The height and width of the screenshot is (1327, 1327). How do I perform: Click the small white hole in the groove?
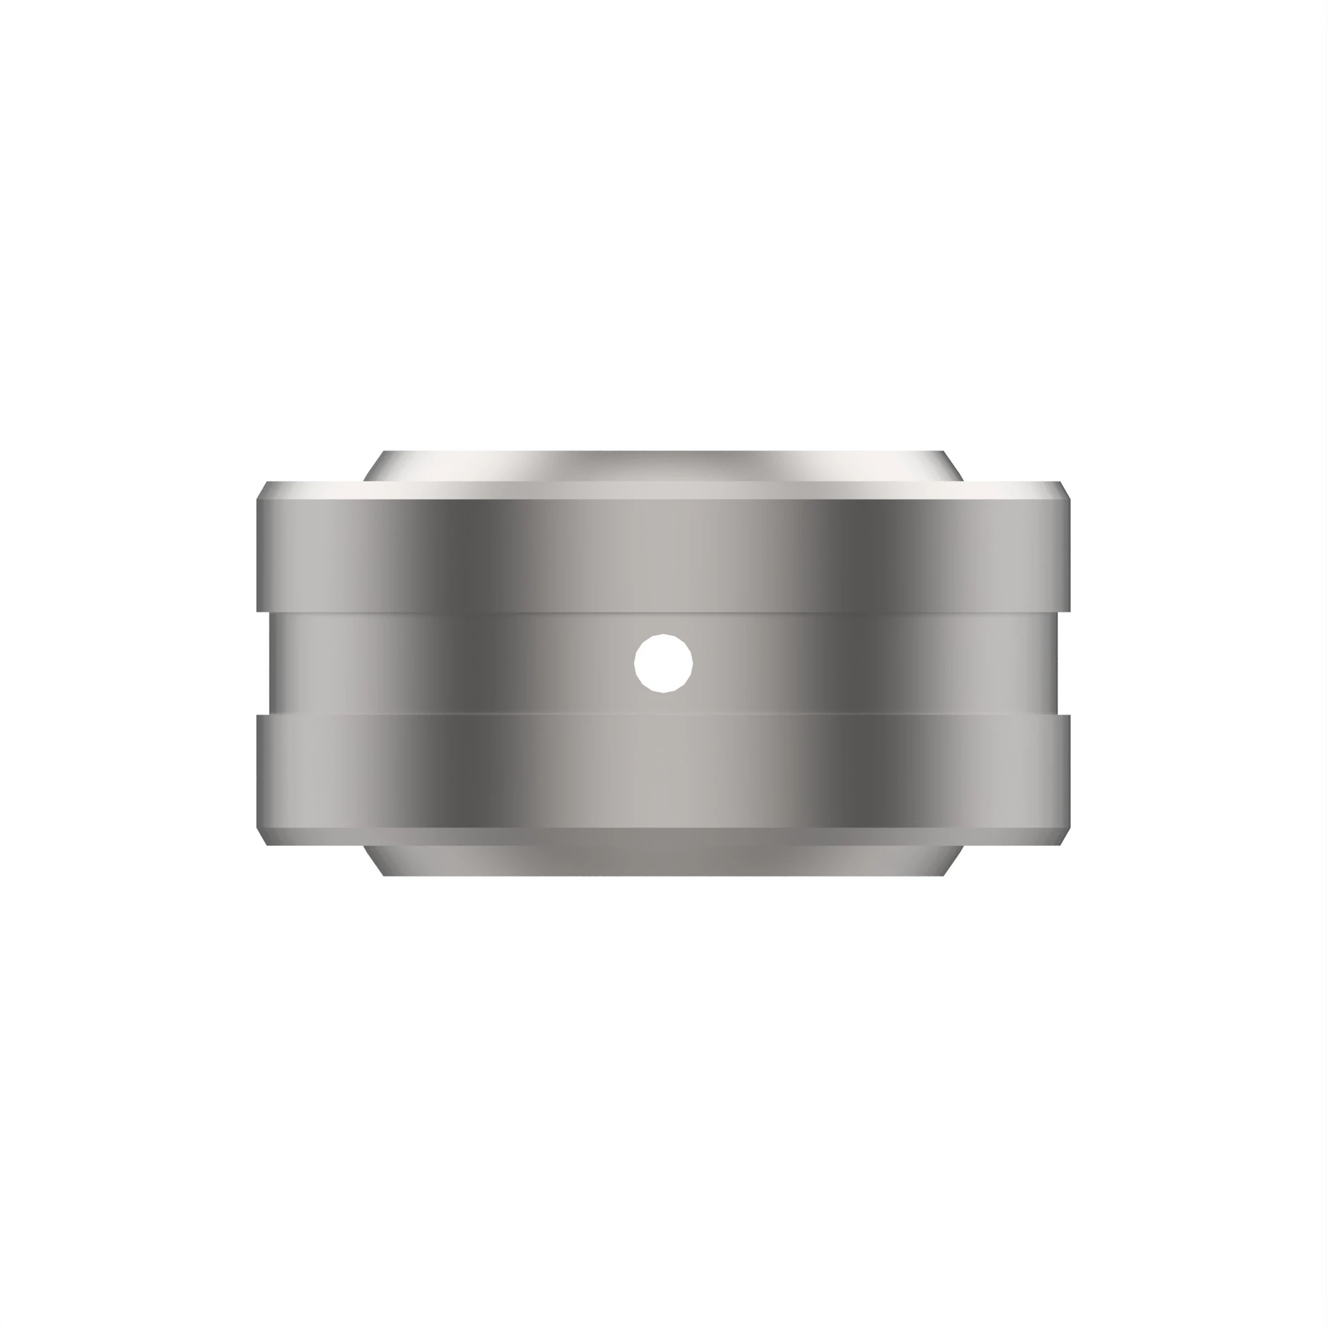(663, 663)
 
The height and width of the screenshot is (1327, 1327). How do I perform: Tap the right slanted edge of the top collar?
(953, 466)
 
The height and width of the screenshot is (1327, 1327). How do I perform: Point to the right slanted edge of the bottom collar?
(953, 860)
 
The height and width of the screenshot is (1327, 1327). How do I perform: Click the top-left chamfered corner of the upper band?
(261, 490)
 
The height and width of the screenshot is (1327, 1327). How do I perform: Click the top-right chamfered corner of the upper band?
(1065, 490)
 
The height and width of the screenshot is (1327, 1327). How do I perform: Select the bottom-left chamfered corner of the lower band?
(261, 836)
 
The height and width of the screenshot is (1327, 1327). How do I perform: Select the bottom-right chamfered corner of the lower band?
(1065, 836)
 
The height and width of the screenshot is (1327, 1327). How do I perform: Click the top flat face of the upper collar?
(663, 453)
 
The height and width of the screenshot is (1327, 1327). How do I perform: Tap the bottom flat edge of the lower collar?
(663, 874)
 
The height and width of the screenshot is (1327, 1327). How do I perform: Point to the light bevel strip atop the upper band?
(663, 490)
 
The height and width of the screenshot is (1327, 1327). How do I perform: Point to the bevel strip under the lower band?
(663, 836)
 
